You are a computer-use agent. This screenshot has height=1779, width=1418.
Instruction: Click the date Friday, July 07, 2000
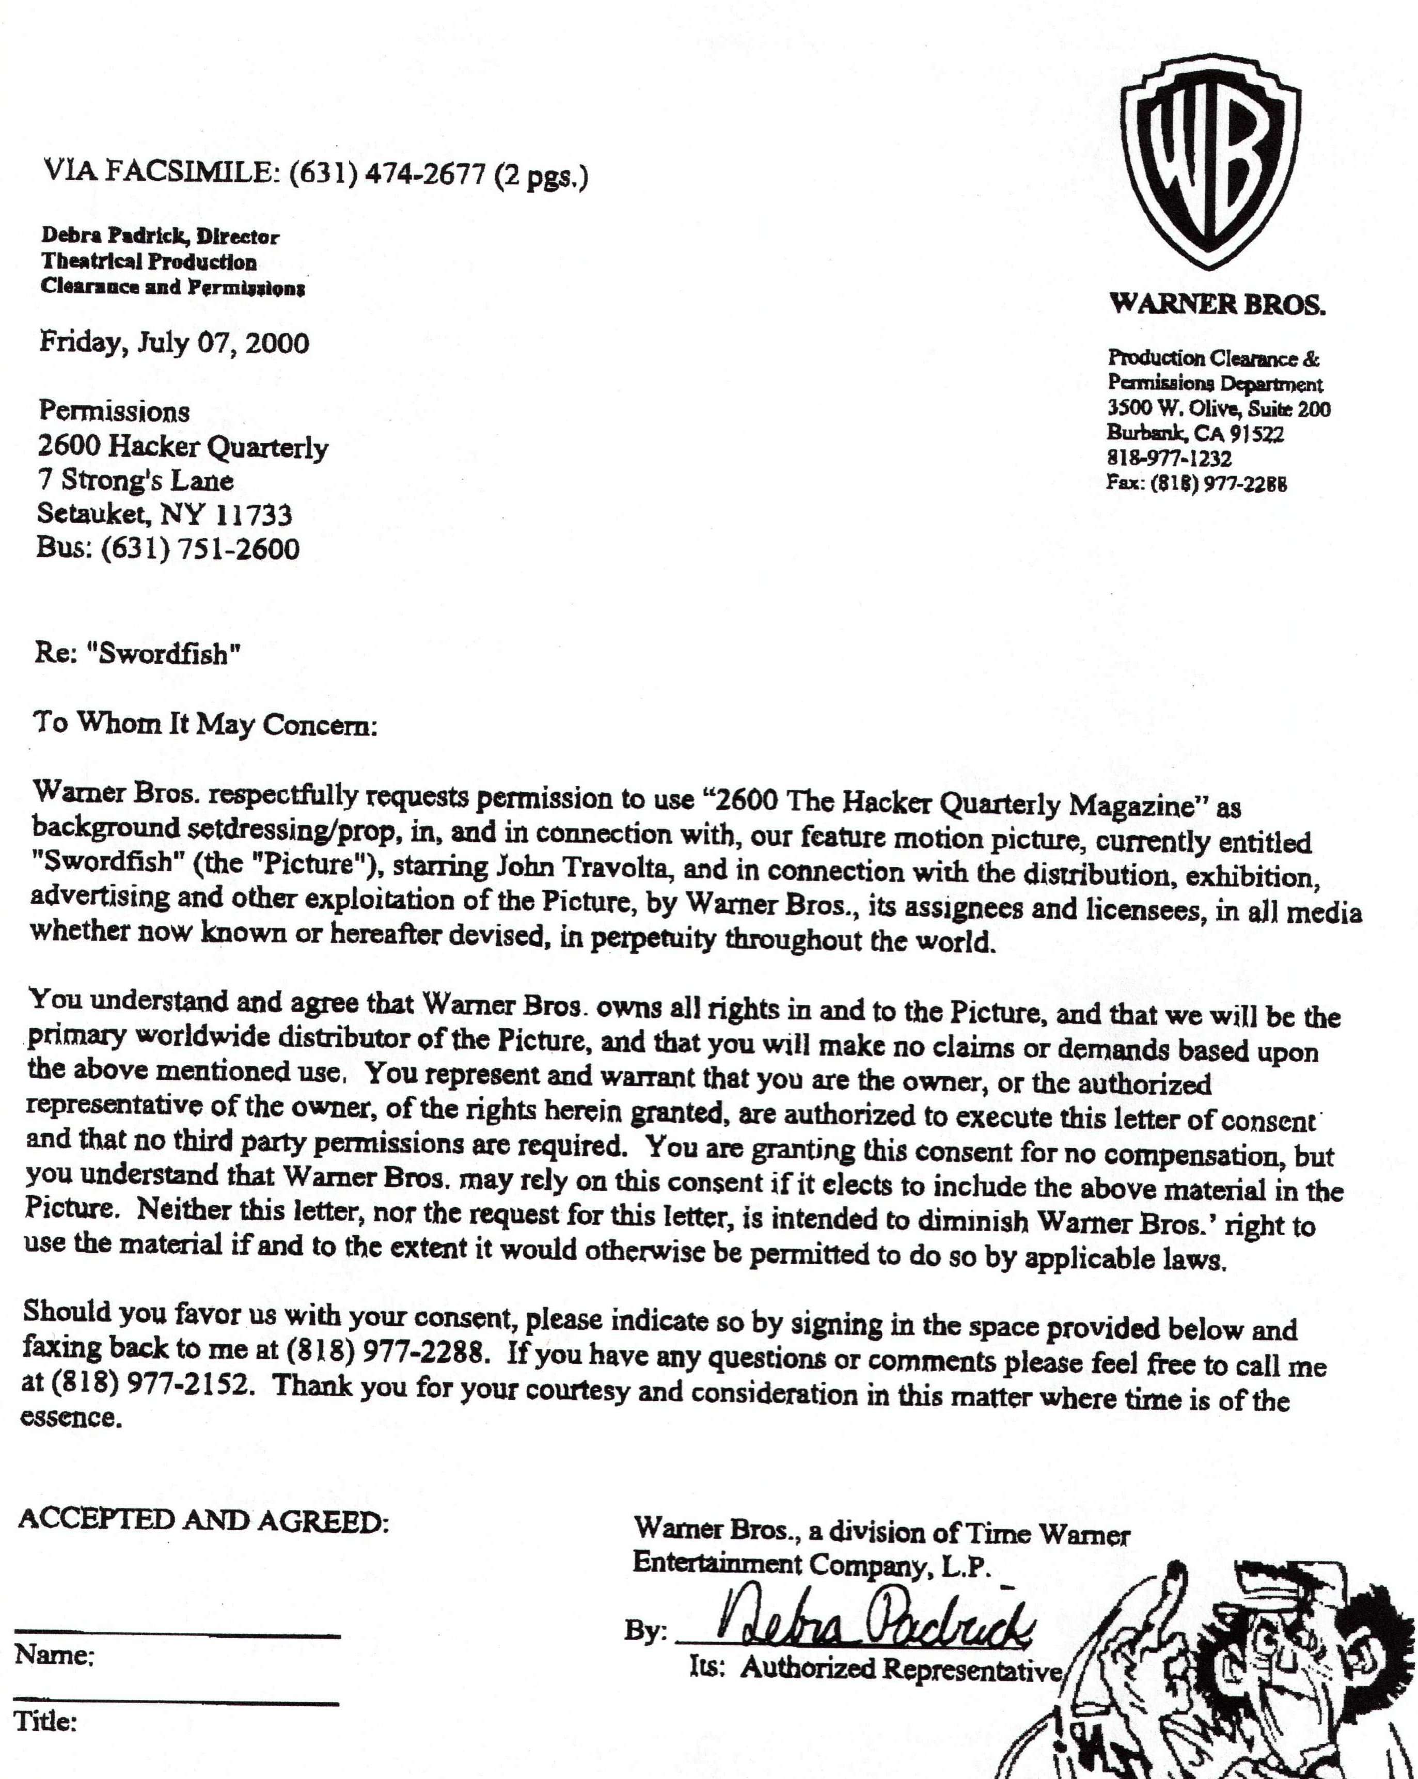[x=174, y=342]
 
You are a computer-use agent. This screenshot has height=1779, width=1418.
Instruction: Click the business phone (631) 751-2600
[x=200, y=549]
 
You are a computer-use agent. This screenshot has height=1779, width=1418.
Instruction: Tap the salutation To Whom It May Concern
[x=204, y=723]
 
